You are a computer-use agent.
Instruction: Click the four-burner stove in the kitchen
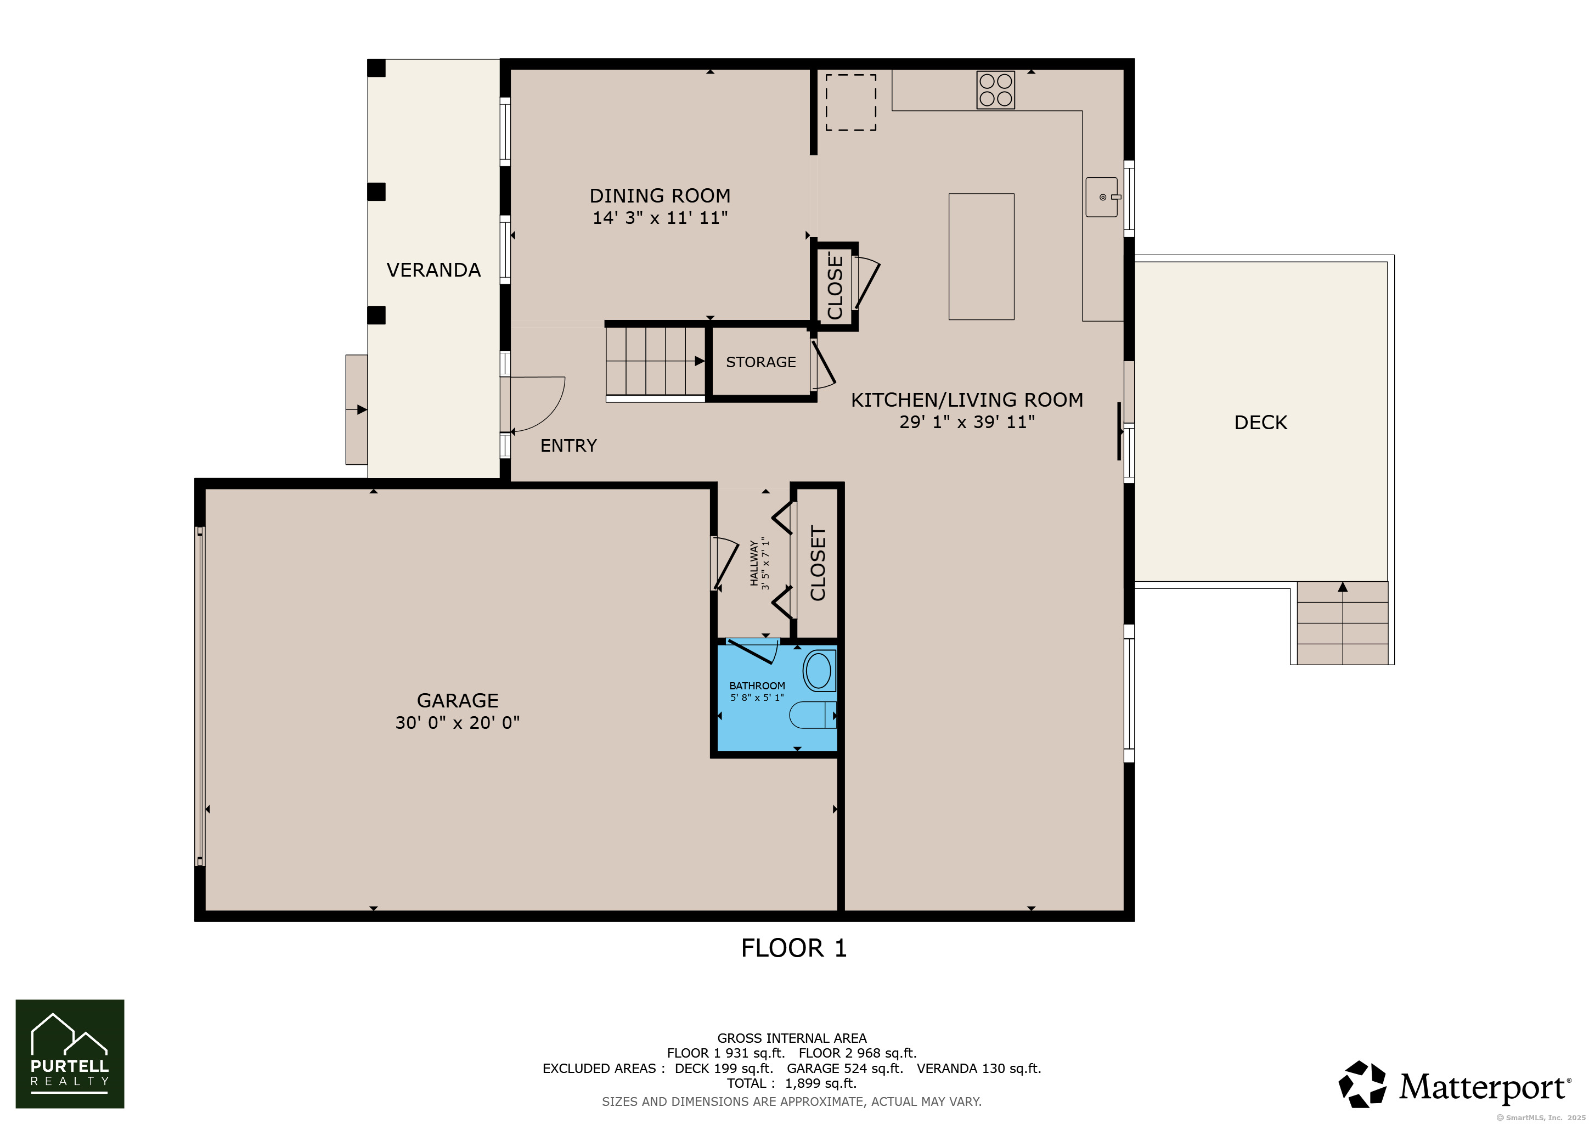(x=995, y=90)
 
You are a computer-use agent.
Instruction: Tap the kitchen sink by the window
(x=1102, y=197)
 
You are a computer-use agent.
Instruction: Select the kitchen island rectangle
(x=982, y=257)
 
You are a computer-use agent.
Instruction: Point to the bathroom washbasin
(x=819, y=671)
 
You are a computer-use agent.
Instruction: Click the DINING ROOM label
(x=660, y=196)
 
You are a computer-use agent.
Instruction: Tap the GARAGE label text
(x=458, y=700)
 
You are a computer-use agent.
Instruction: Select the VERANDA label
(x=433, y=270)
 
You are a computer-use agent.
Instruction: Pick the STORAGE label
(x=760, y=362)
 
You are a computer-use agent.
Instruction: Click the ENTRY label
(x=568, y=446)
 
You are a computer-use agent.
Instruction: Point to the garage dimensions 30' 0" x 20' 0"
(x=458, y=723)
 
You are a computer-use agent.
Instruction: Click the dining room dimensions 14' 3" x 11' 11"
(x=660, y=218)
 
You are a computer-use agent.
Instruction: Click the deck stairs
(x=1342, y=623)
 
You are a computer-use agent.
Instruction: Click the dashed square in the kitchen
(x=850, y=103)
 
